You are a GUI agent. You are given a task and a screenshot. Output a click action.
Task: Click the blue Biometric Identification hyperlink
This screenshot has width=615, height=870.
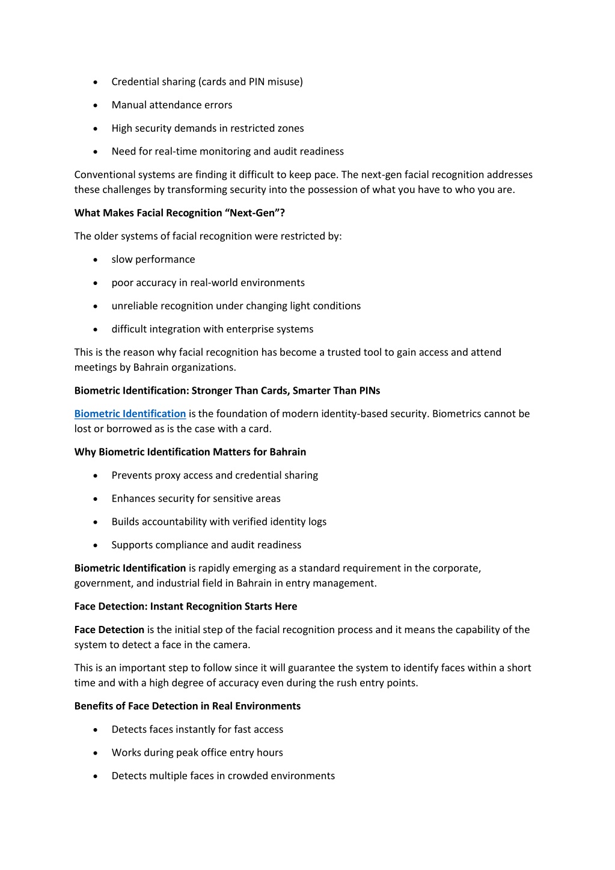pyautogui.click(x=130, y=414)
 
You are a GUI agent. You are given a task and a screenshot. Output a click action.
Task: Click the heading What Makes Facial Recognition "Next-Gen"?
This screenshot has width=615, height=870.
pyautogui.click(x=179, y=213)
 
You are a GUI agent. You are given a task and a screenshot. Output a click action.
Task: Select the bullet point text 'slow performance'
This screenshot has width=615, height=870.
pyautogui.click(x=153, y=259)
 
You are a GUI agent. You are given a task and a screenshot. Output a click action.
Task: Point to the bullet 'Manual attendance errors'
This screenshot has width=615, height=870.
pyautogui.click(x=172, y=105)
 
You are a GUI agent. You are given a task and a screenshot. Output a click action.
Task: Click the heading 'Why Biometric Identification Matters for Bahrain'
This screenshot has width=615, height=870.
pyautogui.click(x=190, y=452)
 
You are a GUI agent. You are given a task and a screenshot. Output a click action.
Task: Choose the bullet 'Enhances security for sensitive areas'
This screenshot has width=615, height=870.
pyautogui.click(x=196, y=498)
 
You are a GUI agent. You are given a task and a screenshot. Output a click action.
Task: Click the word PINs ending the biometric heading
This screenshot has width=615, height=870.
pyautogui.click(x=367, y=391)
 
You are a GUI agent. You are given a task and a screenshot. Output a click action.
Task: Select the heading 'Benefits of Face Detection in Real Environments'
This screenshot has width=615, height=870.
pyautogui.click(x=188, y=706)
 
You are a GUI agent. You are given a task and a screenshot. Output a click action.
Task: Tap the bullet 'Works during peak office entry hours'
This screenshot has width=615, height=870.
pyautogui.click(x=197, y=753)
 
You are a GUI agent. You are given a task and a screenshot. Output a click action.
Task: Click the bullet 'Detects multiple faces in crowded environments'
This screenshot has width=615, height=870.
pyautogui.click(x=223, y=776)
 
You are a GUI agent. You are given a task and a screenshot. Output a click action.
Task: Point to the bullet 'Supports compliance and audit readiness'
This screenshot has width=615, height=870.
pyautogui.click(x=206, y=545)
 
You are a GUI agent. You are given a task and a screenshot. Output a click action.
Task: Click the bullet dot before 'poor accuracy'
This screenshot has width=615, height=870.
pyautogui.click(x=96, y=283)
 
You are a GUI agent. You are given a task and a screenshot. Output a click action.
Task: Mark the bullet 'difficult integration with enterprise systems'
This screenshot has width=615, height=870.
pyautogui.click(x=212, y=329)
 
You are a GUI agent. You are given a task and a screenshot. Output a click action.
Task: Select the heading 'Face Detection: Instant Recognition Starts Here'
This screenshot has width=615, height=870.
pyautogui.click(x=186, y=606)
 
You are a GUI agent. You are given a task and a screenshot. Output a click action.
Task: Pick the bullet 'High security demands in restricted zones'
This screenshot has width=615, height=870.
pyautogui.click(x=207, y=128)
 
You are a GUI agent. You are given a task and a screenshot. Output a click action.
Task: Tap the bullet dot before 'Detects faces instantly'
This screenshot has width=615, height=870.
pyautogui.click(x=96, y=730)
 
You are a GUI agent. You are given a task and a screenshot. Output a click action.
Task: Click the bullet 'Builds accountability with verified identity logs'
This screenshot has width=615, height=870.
pyautogui.click(x=219, y=522)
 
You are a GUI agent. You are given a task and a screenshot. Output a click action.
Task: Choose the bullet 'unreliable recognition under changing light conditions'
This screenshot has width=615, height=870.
pyautogui.click(x=236, y=306)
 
